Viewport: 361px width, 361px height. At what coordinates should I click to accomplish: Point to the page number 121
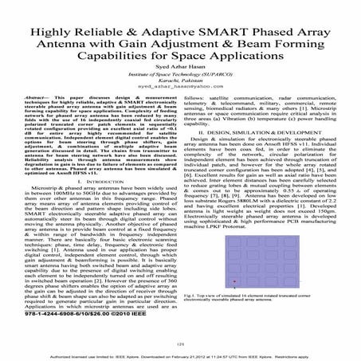(179, 344)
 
